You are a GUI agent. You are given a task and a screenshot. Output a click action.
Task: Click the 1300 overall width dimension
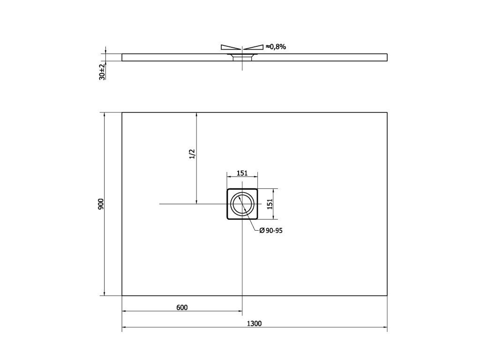pyautogui.click(x=254, y=323)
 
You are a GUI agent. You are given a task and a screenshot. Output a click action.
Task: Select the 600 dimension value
pyautogui.click(x=182, y=307)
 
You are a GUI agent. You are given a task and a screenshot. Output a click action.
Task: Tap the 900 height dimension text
pyautogui.click(x=101, y=204)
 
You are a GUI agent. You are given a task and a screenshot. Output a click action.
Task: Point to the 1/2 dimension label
pyautogui.click(x=192, y=154)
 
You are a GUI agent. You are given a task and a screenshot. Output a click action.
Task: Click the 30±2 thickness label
pyautogui.click(x=102, y=72)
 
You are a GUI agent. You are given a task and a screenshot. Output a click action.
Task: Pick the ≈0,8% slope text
pyautogui.click(x=276, y=46)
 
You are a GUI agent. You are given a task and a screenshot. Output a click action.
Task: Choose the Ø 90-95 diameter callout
pyautogui.click(x=271, y=231)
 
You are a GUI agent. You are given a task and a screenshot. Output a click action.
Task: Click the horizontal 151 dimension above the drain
pyautogui.click(x=242, y=173)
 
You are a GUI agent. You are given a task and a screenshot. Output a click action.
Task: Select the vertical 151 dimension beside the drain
pyautogui.click(x=270, y=204)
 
